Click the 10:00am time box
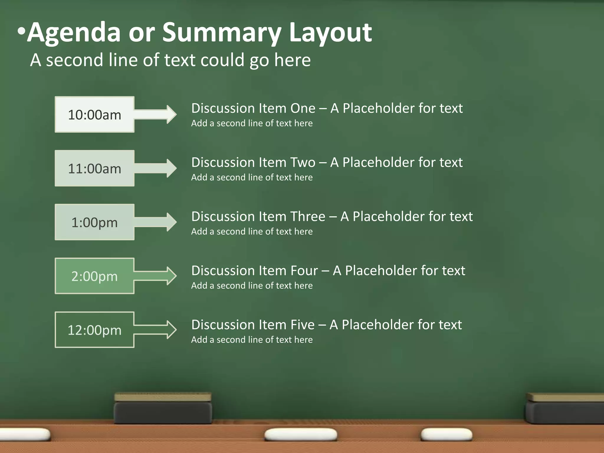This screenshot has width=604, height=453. click(x=94, y=114)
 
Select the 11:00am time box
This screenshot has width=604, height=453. click(x=94, y=168)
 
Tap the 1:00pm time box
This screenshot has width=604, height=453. click(x=94, y=222)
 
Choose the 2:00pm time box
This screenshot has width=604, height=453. click(x=94, y=276)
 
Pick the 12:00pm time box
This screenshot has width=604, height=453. click(x=94, y=330)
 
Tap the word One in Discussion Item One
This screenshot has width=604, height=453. click(x=303, y=109)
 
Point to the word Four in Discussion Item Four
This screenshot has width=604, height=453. click(x=304, y=271)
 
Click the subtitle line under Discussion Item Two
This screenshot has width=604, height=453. click(x=252, y=177)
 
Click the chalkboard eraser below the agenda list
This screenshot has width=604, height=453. click(x=163, y=408)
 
